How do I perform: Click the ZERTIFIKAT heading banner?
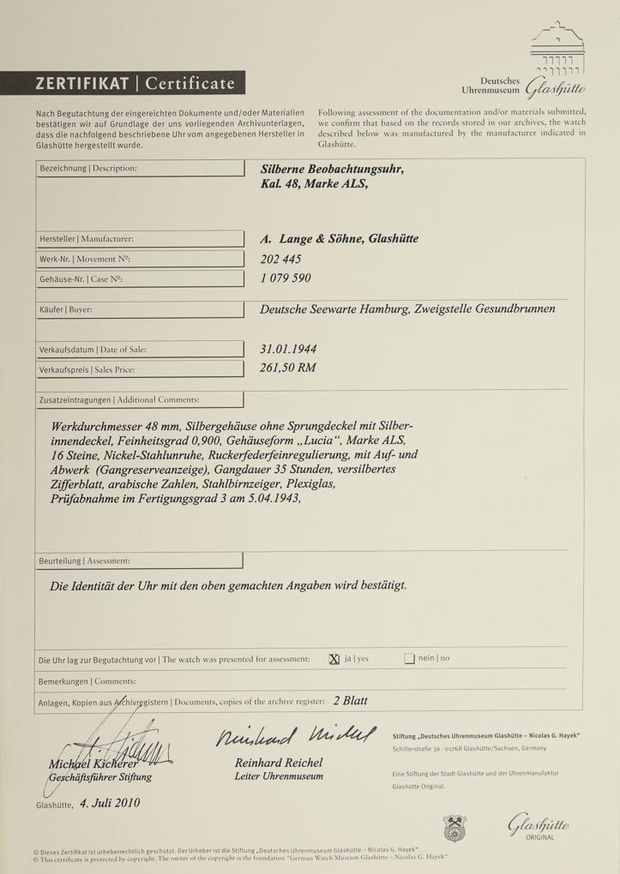coord(136,83)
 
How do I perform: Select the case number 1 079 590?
coord(286,278)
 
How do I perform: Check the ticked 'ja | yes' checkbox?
coord(334,659)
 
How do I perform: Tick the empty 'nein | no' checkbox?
coord(409,659)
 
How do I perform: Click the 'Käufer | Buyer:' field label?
coord(66,309)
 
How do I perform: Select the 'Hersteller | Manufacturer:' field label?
coord(86,239)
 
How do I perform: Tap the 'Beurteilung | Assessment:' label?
coord(85,560)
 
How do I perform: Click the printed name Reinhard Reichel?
coord(279,762)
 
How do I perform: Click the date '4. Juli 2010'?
coord(111,803)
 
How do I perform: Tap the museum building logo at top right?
coord(557,51)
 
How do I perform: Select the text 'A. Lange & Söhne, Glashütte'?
coord(340,239)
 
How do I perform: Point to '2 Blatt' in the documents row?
coord(350,700)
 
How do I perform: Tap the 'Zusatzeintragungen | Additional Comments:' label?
coord(119,399)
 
